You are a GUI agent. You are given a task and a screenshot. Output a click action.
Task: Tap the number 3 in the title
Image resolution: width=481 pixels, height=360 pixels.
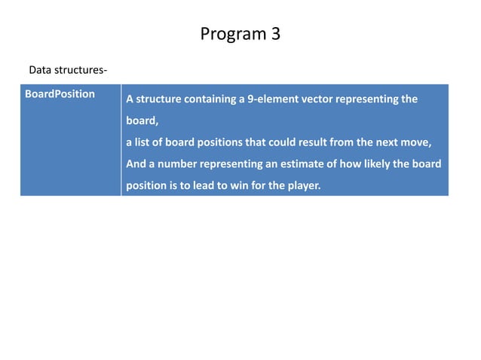pyautogui.click(x=276, y=35)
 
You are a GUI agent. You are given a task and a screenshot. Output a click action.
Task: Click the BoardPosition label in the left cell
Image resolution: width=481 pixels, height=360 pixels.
pyautogui.click(x=60, y=94)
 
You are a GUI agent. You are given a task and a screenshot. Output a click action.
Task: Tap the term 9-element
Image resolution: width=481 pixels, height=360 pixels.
pyautogui.click(x=268, y=99)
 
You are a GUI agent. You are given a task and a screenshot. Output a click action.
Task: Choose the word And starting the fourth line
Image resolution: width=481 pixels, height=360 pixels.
pyautogui.click(x=136, y=163)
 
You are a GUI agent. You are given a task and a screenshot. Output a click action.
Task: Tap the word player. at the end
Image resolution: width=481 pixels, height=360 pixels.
pyautogui.click(x=303, y=184)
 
